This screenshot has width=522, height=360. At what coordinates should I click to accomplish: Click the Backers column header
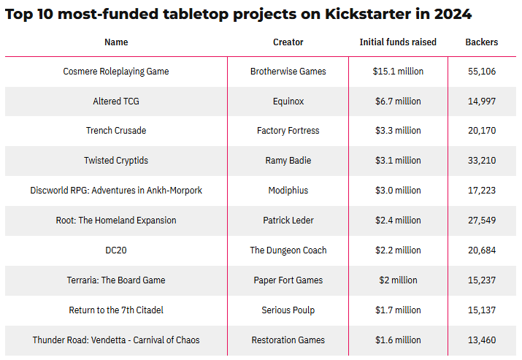[482, 42]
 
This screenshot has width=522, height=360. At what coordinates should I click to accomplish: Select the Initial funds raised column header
[398, 42]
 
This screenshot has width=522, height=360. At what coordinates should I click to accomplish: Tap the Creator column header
[288, 42]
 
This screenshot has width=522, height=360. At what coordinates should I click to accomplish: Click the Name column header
[116, 42]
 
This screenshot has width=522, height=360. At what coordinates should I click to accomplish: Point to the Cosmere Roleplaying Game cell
[116, 72]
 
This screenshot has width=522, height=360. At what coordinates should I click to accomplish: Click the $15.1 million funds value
[398, 72]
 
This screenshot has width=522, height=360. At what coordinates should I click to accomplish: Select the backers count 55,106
[482, 72]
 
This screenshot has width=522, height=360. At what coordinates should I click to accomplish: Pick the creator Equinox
[288, 102]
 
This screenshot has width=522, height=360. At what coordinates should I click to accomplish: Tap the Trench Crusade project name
[116, 131]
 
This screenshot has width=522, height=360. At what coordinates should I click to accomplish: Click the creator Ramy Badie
[288, 161]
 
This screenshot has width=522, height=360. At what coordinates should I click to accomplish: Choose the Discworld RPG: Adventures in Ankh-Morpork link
[116, 191]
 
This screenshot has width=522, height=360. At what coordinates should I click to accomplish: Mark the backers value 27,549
[482, 221]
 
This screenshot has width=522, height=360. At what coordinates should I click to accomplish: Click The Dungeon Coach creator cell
[288, 250]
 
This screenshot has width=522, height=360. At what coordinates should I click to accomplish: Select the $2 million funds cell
[398, 280]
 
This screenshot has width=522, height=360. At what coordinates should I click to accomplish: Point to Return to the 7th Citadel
[116, 310]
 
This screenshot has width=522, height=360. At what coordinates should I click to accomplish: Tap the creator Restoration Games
[288, 340]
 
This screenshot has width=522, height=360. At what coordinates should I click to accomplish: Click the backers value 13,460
[482, 340]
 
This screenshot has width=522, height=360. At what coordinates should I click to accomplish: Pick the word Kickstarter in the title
[375, 15]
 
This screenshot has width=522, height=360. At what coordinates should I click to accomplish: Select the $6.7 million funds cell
[398, 102]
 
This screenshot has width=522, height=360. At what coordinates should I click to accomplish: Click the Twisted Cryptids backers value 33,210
[482, 161]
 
